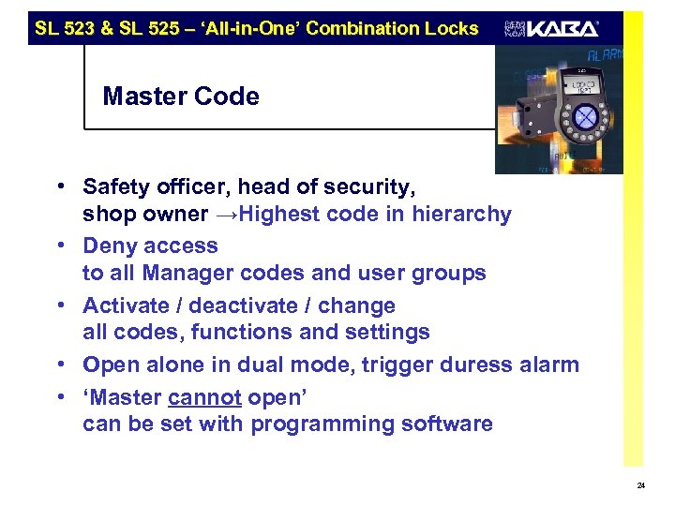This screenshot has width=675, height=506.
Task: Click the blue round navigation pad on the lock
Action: click(585, 118)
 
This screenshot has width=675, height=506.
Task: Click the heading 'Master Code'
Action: click(181, 97)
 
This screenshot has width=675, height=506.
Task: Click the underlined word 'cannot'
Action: click(205, 396)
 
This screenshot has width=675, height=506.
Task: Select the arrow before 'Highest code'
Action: click(226, 214)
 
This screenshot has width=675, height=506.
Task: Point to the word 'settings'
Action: click(386, 332)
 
